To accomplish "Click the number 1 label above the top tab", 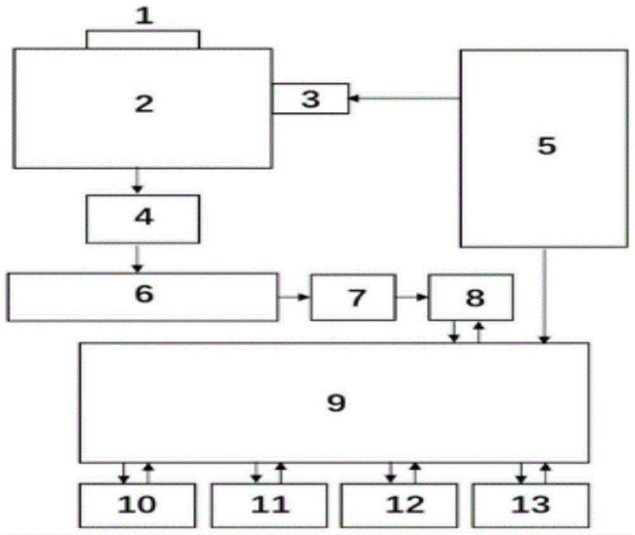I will [x=145, y=15].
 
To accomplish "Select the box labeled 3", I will [x=310, y=98].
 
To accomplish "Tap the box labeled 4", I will [x=143, y=219].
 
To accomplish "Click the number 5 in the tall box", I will [x=546, y=146].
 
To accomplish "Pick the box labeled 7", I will [x=353, y=296].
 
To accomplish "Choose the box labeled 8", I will [x=471, y=297].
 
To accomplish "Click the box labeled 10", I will [x=137, y=505].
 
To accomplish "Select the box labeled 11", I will [x=269, y=505].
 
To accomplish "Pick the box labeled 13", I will [x=531, y=505].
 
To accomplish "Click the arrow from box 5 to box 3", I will [x=404, y=98].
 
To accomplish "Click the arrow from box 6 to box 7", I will [x=294, y=297].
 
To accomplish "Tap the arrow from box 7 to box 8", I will [x=411, y=297].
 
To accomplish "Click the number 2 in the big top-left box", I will [x=144, y=104].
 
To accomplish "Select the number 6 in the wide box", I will [x=144, y=294].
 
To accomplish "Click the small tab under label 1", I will [x=143, y=40].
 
